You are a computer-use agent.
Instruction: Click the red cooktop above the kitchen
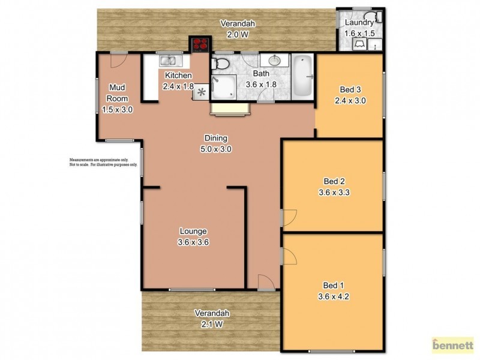coord(200,44)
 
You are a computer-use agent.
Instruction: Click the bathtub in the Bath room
coord(301,77)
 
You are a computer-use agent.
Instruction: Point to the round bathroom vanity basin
coord(274,61)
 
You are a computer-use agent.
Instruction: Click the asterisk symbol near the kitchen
coord(202,92)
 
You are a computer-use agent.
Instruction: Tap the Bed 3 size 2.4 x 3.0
coord(350,100)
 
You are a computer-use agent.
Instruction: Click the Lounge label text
coord(193,231)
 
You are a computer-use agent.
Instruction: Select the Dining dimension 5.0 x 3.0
coord(216,149)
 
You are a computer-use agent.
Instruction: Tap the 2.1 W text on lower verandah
coord(211,325)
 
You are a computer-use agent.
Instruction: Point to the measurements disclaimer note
coord(103,162)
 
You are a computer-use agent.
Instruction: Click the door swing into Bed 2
coord(289,217)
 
